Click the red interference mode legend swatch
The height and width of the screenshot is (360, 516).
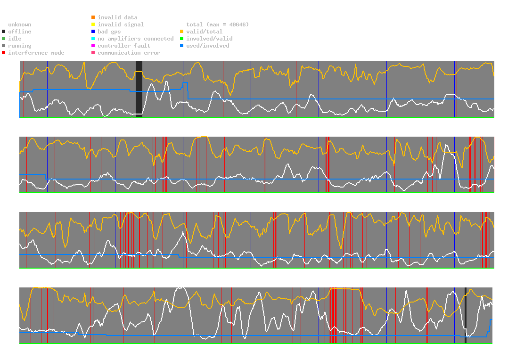4,53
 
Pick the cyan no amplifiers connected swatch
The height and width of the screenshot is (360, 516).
93,39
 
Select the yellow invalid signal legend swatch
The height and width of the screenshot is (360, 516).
93,25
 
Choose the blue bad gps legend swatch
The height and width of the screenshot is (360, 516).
93,32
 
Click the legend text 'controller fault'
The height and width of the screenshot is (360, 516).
124,46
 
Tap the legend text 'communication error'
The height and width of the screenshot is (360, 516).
129,53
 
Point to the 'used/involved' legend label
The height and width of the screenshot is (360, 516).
208,46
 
